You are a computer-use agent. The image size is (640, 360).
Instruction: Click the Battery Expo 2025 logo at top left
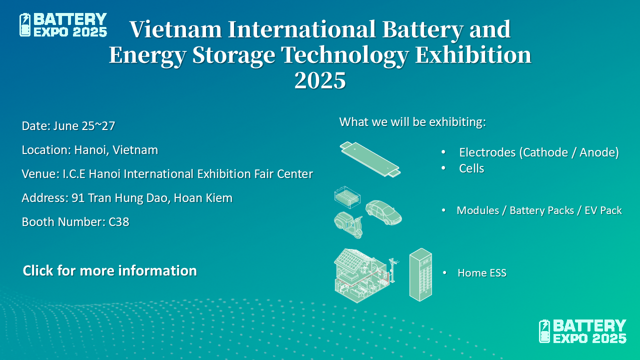coord(63,25)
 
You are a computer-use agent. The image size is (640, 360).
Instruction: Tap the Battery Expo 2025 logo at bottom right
coord(582,331)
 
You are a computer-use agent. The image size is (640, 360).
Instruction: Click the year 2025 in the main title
coord(320,80)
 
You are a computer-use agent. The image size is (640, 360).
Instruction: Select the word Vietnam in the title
coord(175,29)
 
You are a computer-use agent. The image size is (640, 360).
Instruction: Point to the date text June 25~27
coord(84,126)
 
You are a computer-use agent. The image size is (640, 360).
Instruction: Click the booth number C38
coord(119,222)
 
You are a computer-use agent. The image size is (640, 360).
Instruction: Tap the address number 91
coord(77,198)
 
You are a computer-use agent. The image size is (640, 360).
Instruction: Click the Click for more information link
coord(109,270)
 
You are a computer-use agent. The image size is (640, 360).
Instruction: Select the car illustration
coord(383,212)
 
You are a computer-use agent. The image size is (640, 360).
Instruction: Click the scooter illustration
coord(348,225)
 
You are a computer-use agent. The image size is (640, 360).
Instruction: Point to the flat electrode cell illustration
coord(370,159)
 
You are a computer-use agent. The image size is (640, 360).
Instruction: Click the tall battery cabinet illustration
coord(420,274)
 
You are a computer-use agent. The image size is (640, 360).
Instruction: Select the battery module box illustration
coord(347,197)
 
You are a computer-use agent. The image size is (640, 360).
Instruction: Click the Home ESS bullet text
coord(482,273)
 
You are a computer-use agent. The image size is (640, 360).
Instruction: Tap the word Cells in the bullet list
coord(471,168)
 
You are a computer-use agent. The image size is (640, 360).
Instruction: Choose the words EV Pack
coord(603,210)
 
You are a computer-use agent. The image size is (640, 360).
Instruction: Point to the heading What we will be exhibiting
coord(412,122)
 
